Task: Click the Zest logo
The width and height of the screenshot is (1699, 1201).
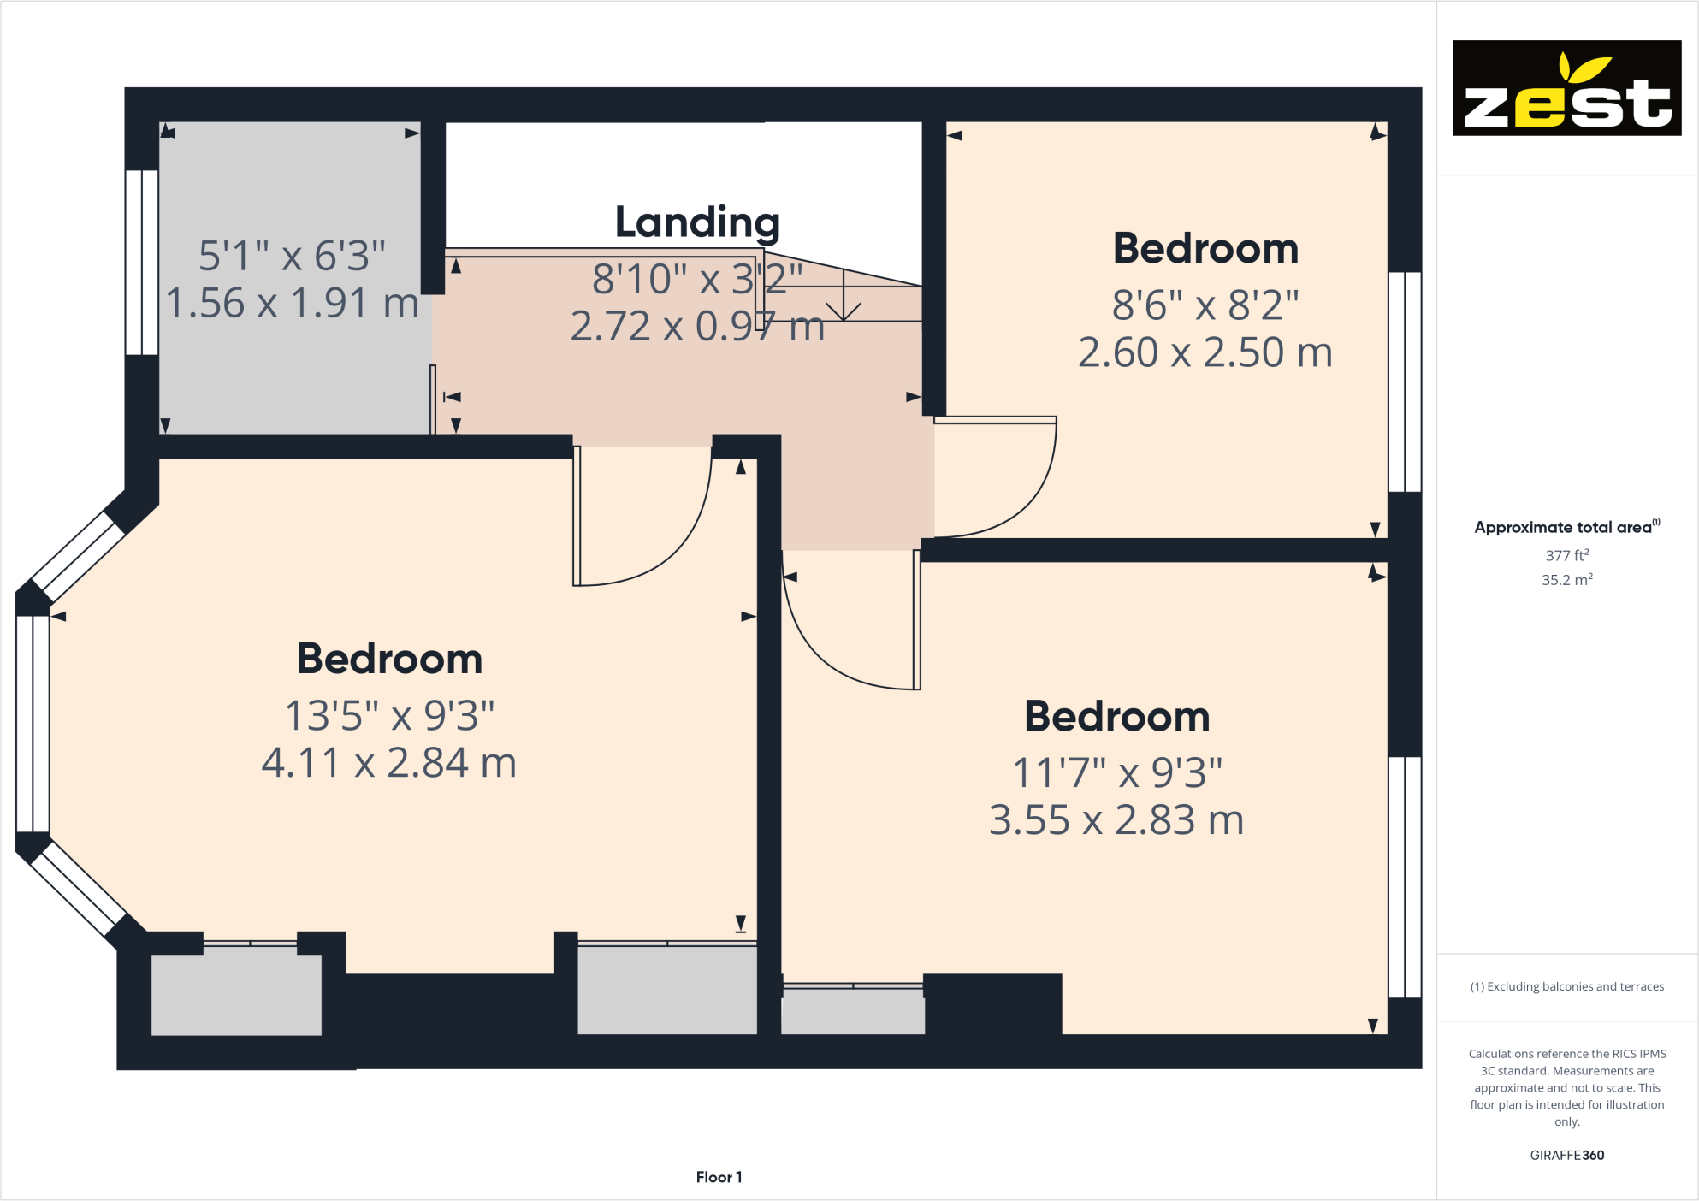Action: (1566, 88)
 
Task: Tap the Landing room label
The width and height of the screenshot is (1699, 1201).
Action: (697, 222)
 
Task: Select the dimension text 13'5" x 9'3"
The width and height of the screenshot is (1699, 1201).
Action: (389, 716)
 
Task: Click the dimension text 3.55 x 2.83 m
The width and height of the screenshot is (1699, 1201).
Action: (1116, 820)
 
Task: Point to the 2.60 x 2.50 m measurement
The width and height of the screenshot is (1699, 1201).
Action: (1205, 352)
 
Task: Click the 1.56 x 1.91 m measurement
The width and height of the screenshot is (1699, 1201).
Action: (292, 303)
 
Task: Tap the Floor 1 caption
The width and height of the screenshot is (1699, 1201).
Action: (719, 1177)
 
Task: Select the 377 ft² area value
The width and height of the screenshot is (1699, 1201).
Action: (1566, 555)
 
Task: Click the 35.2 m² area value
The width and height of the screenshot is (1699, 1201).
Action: (1566, 580)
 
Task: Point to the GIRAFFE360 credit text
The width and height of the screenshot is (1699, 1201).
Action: (1566, 1155)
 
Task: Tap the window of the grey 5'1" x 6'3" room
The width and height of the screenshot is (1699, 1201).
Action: (141, 262)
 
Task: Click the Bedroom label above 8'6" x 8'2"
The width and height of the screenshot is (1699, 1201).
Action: (1205, 249)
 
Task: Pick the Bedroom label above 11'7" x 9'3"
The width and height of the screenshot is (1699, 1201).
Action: (1116, 717)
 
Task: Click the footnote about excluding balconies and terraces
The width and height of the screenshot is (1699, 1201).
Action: (1566, 987)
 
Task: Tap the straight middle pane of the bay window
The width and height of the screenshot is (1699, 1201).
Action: (33, 724)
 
